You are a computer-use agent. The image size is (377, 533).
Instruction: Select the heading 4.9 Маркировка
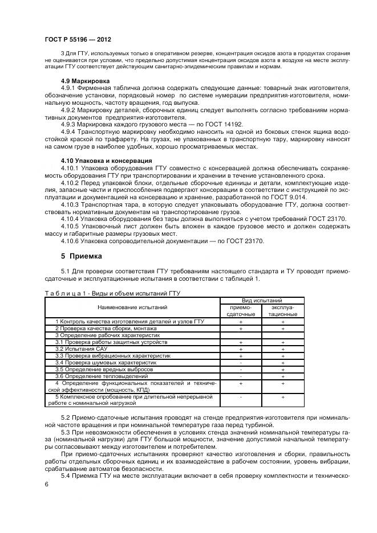86,81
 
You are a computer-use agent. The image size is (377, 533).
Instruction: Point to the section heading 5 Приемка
82,256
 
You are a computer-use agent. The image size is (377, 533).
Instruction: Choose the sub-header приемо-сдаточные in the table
241,310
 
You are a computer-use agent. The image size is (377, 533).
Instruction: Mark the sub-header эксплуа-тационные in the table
283,310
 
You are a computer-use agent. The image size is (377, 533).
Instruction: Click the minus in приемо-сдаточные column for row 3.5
241,369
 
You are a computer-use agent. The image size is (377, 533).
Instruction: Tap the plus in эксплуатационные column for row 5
283,396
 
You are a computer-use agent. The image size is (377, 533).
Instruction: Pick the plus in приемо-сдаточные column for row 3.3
241,355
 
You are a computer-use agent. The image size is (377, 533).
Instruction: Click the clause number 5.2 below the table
66,419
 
